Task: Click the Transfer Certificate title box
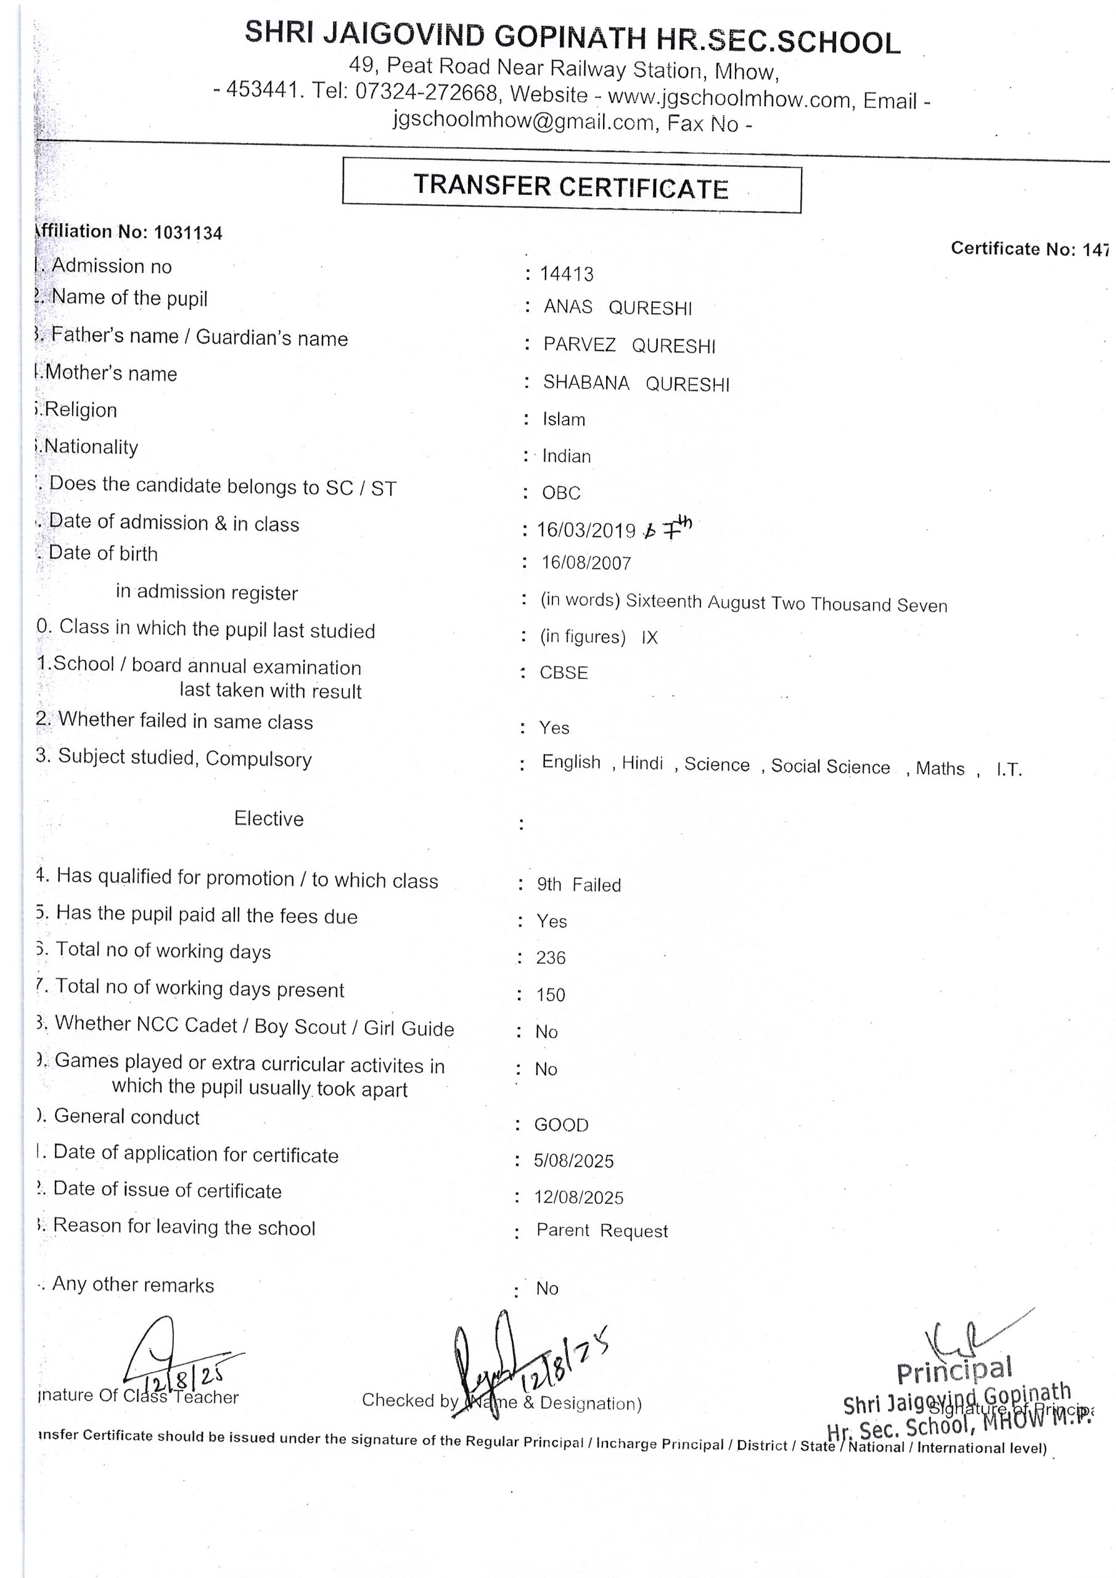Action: (x=572, y=186)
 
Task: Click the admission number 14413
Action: (x=566, y=274)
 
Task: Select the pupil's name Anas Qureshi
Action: (x=617, y=307)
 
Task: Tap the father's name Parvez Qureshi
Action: (x=629, y=345)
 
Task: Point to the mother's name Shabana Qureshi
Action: (x=636, y=383)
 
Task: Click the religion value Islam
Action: (x=564, y=419)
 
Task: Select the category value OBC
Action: (x=561, y=493)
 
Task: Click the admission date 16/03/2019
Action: (x=586, y=530)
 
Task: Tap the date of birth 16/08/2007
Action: (x=586, y=563)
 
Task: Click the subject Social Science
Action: (x=830, y=766)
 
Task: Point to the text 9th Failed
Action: (x=579, y=885)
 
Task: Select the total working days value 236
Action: (x=551, y=957)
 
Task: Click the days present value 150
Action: (x=551, y=994)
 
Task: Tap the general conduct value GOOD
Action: (x=561, y=1125)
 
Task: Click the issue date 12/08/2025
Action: (x=578, y=1198)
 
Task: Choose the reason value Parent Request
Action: (x=602, y=1231)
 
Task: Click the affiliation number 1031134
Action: (x=187, y=233)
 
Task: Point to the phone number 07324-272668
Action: (x=425, y=92)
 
